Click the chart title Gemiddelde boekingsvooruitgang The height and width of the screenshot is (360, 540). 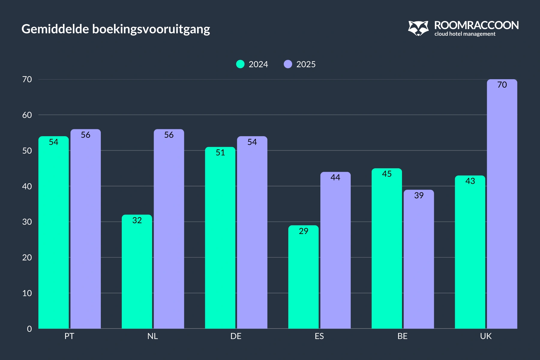pos(116,29)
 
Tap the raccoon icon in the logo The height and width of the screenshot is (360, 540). pos(418,28)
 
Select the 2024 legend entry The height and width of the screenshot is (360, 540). pos(252,64)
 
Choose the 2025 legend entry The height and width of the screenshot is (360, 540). pos(300,64)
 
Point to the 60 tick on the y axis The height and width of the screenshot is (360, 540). pos(27,115)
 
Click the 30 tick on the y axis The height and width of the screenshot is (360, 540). pos(27,222)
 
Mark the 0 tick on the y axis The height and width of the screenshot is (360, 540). pos(29,329)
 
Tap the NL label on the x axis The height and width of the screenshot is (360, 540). pos(153,336)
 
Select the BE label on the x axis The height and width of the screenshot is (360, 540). pos(403,336)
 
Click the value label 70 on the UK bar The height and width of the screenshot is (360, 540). pos(502,85)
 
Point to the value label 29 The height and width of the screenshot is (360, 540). pos(303,231)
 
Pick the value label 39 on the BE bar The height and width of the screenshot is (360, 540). pos(418,195)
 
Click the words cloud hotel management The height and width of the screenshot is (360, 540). pos(465,34)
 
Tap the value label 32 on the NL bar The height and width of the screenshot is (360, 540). pos(137,220)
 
